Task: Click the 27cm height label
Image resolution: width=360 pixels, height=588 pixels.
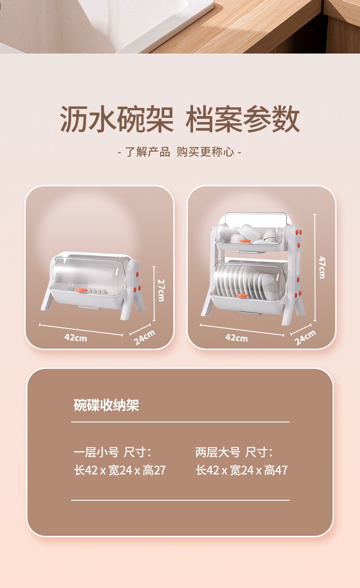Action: point(161,290)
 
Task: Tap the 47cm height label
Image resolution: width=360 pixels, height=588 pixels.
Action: point(322,267)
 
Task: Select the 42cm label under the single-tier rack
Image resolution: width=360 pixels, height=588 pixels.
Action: point(76,337)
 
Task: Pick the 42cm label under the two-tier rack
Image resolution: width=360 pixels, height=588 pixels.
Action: point(236,337)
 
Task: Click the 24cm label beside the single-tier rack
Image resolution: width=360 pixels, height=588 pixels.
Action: point(144,337)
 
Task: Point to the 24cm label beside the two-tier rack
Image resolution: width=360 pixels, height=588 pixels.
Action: point(305,337)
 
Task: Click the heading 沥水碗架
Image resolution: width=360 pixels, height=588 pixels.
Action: point(117,119)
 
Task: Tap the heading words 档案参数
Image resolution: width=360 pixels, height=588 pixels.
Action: point(243,119)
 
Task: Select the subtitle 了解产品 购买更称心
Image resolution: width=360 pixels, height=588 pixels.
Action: point(180,152)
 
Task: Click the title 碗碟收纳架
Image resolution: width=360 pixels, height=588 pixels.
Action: point(106,405)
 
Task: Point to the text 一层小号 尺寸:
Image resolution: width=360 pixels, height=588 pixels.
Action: point(112,452)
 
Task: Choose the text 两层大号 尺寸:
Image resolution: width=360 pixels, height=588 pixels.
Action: point(234,452)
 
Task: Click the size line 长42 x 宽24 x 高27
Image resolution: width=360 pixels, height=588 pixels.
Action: point(120,470)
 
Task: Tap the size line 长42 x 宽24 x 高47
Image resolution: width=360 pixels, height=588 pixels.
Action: point(242,470)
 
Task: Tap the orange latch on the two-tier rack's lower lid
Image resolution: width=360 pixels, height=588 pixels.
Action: point(242,295)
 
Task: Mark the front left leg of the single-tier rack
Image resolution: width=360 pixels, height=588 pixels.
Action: point(47,298)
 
